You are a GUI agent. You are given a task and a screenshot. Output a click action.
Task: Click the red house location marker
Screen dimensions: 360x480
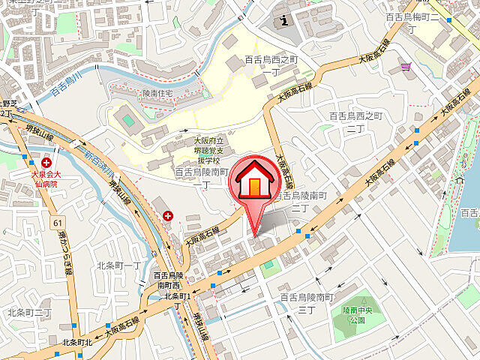click(x=255, y=182)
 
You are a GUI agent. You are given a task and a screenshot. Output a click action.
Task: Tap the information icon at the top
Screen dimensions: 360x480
click(x=283, y=19)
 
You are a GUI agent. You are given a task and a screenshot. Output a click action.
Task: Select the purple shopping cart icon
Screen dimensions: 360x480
click(x=406, y=67)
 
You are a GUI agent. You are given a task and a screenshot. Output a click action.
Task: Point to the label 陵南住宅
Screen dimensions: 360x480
click(x=157, y=93)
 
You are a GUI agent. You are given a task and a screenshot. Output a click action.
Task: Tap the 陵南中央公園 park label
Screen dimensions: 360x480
click(x=352, y=314)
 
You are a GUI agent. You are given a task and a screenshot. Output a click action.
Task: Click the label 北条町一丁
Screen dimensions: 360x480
click(x=118, y=265)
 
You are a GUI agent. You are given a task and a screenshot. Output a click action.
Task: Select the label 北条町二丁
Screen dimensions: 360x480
click(x=29, y=312)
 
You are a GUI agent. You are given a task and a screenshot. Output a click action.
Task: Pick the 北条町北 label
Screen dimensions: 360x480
click(x=76, y=343)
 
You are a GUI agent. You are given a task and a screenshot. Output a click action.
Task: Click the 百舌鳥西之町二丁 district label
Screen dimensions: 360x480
click(x=356, y=121)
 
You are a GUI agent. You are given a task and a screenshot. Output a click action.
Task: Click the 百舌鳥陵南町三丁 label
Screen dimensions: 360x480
click(x=306, y=303)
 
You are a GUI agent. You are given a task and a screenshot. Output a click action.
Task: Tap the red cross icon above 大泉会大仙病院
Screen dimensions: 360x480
click(x=47, y=162)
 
